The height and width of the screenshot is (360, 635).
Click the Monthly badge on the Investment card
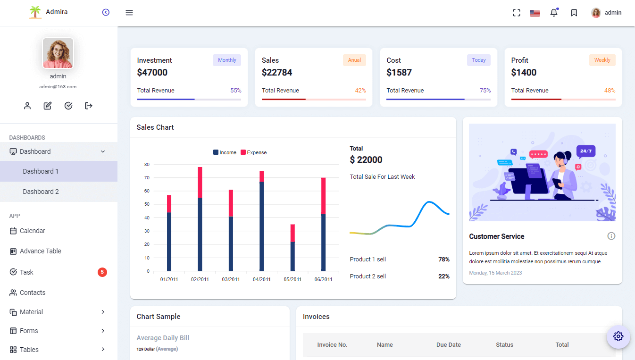point(227,60)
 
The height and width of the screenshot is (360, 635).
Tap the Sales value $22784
point(277,72)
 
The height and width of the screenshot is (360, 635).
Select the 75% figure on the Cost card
point(485,91)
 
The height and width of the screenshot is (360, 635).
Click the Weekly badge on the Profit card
point(602,60)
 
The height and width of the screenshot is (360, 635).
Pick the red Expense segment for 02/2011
point(200,182)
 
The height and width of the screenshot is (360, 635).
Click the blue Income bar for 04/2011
point(262,226)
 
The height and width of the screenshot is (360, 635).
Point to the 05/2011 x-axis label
point(292,279)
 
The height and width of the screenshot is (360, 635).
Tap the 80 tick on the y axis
point(147,165)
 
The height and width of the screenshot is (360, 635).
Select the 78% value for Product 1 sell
point(443,260)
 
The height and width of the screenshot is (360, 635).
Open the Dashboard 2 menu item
point(41,192)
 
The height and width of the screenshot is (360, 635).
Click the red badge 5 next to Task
point(102,272)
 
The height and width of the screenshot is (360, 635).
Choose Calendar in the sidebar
point(33,231)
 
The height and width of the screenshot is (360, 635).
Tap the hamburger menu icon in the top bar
point(129,13)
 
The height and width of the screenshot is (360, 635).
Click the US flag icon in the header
point(535,13)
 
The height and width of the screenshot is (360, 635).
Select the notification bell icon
point(554,13)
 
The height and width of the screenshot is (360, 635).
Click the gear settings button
point(618,336)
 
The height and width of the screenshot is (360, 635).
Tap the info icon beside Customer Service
point(611,236)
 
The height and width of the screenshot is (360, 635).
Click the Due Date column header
point(448,345)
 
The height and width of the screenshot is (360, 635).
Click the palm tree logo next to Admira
point(35,12)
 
